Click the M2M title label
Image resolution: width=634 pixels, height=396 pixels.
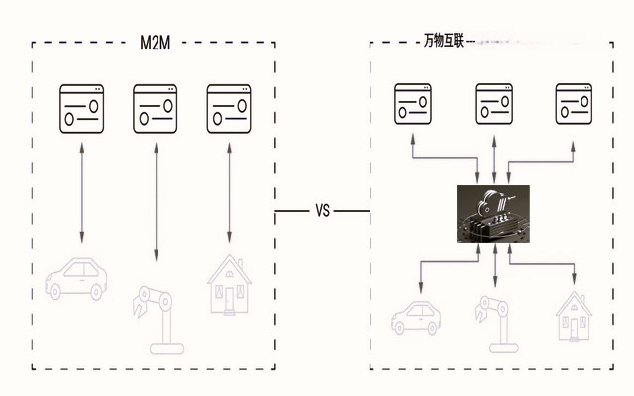pos(155,43)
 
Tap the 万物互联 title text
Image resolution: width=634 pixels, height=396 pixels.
pos(443,43)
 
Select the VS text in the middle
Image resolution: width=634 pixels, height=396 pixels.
pos(322,211)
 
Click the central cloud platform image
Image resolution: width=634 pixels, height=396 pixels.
pos(493,214)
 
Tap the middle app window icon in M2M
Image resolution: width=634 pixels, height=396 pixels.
pos(155,107)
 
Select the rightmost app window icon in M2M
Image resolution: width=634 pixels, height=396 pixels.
pos(229,107)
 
